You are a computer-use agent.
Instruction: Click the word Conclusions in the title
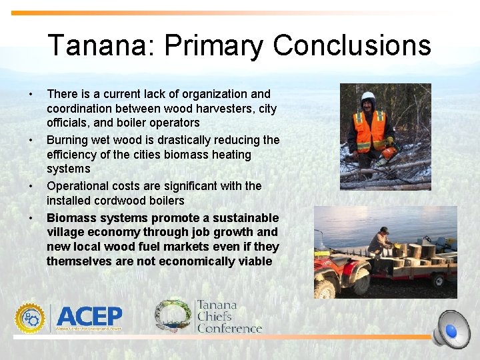pos(352,45)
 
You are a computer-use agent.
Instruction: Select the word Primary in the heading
pos(213,45)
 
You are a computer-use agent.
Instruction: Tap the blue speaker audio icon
pos(451,329)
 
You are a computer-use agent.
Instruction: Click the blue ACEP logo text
pos(89,316)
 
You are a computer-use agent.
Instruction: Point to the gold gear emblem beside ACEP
pos(30,317)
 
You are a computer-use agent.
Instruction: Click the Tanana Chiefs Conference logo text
pos(229,316)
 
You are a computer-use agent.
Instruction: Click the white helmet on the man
pos(367,97)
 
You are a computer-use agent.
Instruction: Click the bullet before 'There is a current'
pos(30,94)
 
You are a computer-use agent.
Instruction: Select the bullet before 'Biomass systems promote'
pos(30,218)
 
